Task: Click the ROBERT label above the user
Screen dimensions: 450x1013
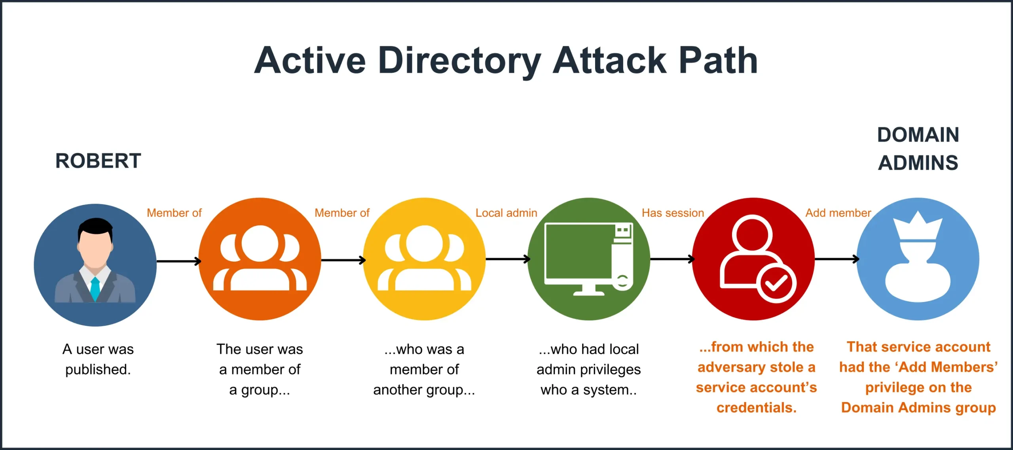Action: coord(98,161)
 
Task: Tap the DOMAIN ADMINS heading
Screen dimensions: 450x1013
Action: coord(918,149)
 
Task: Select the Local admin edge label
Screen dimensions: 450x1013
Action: coord(506,213)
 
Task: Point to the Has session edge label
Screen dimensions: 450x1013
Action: coord(673,213)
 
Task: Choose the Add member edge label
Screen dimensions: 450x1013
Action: coord(838,213)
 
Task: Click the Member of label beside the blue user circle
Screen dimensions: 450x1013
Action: coord(174,213)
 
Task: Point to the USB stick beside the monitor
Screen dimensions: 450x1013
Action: coord(623,257)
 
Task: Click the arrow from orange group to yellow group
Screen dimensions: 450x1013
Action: coord(343,260)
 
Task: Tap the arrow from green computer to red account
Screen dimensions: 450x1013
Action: coord(672,259)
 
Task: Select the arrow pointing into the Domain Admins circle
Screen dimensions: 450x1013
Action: coord(836,259)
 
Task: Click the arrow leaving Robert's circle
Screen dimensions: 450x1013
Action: coord(179,261)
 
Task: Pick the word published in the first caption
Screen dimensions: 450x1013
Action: coord(97,369)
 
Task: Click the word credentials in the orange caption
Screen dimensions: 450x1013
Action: coord(756,407)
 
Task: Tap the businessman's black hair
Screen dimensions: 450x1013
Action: coord(95,226)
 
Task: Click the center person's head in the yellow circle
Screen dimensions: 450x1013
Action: coord(424,243)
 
